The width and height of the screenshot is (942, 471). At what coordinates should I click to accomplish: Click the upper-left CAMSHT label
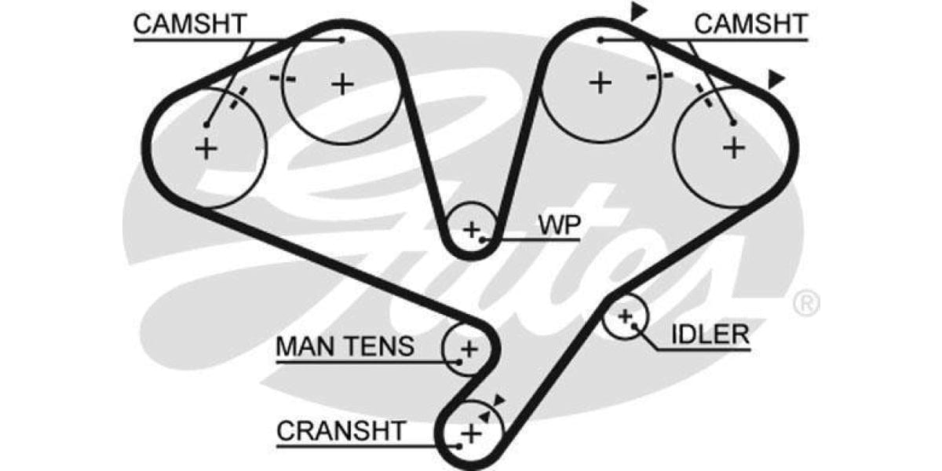click(190, 24)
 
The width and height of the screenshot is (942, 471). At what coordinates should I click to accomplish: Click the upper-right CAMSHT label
click(750, 24)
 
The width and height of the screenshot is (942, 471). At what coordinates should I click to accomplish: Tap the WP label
click(559, 225)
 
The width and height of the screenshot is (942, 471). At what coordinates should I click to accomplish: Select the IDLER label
click(710, 334)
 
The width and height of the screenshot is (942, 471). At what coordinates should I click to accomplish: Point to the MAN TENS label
click(345, 346)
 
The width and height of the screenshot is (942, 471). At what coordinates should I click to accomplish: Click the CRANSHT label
click(341, 430)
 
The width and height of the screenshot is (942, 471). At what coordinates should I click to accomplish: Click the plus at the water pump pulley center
click(471, 229)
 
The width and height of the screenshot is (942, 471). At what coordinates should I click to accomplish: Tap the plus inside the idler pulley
click(625, 316)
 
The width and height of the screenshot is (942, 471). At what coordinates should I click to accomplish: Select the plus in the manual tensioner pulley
click(469, 348)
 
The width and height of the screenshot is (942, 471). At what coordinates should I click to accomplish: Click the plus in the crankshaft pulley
click(470, 433)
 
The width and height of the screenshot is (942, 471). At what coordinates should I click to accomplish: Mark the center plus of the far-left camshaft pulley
click(206, 148)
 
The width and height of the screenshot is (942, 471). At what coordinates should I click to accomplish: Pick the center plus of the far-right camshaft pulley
click(734, 147)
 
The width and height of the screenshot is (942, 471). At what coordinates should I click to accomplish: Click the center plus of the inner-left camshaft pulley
click(342, 82)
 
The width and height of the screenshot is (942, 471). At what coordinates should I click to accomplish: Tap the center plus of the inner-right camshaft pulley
click(601, 82)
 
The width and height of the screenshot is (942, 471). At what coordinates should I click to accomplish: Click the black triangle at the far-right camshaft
click(776, 78)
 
